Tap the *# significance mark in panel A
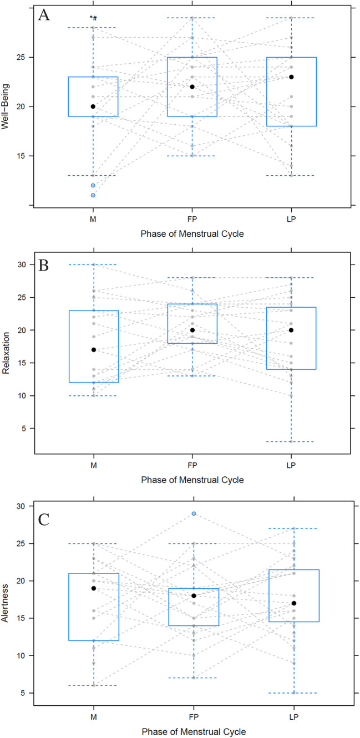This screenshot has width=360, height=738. (94, 18)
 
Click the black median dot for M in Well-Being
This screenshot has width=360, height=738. (93, 106)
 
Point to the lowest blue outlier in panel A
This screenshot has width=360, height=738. (93, 195)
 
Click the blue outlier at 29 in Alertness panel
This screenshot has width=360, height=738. (194, 513)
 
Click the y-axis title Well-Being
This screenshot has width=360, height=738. (7, 106)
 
